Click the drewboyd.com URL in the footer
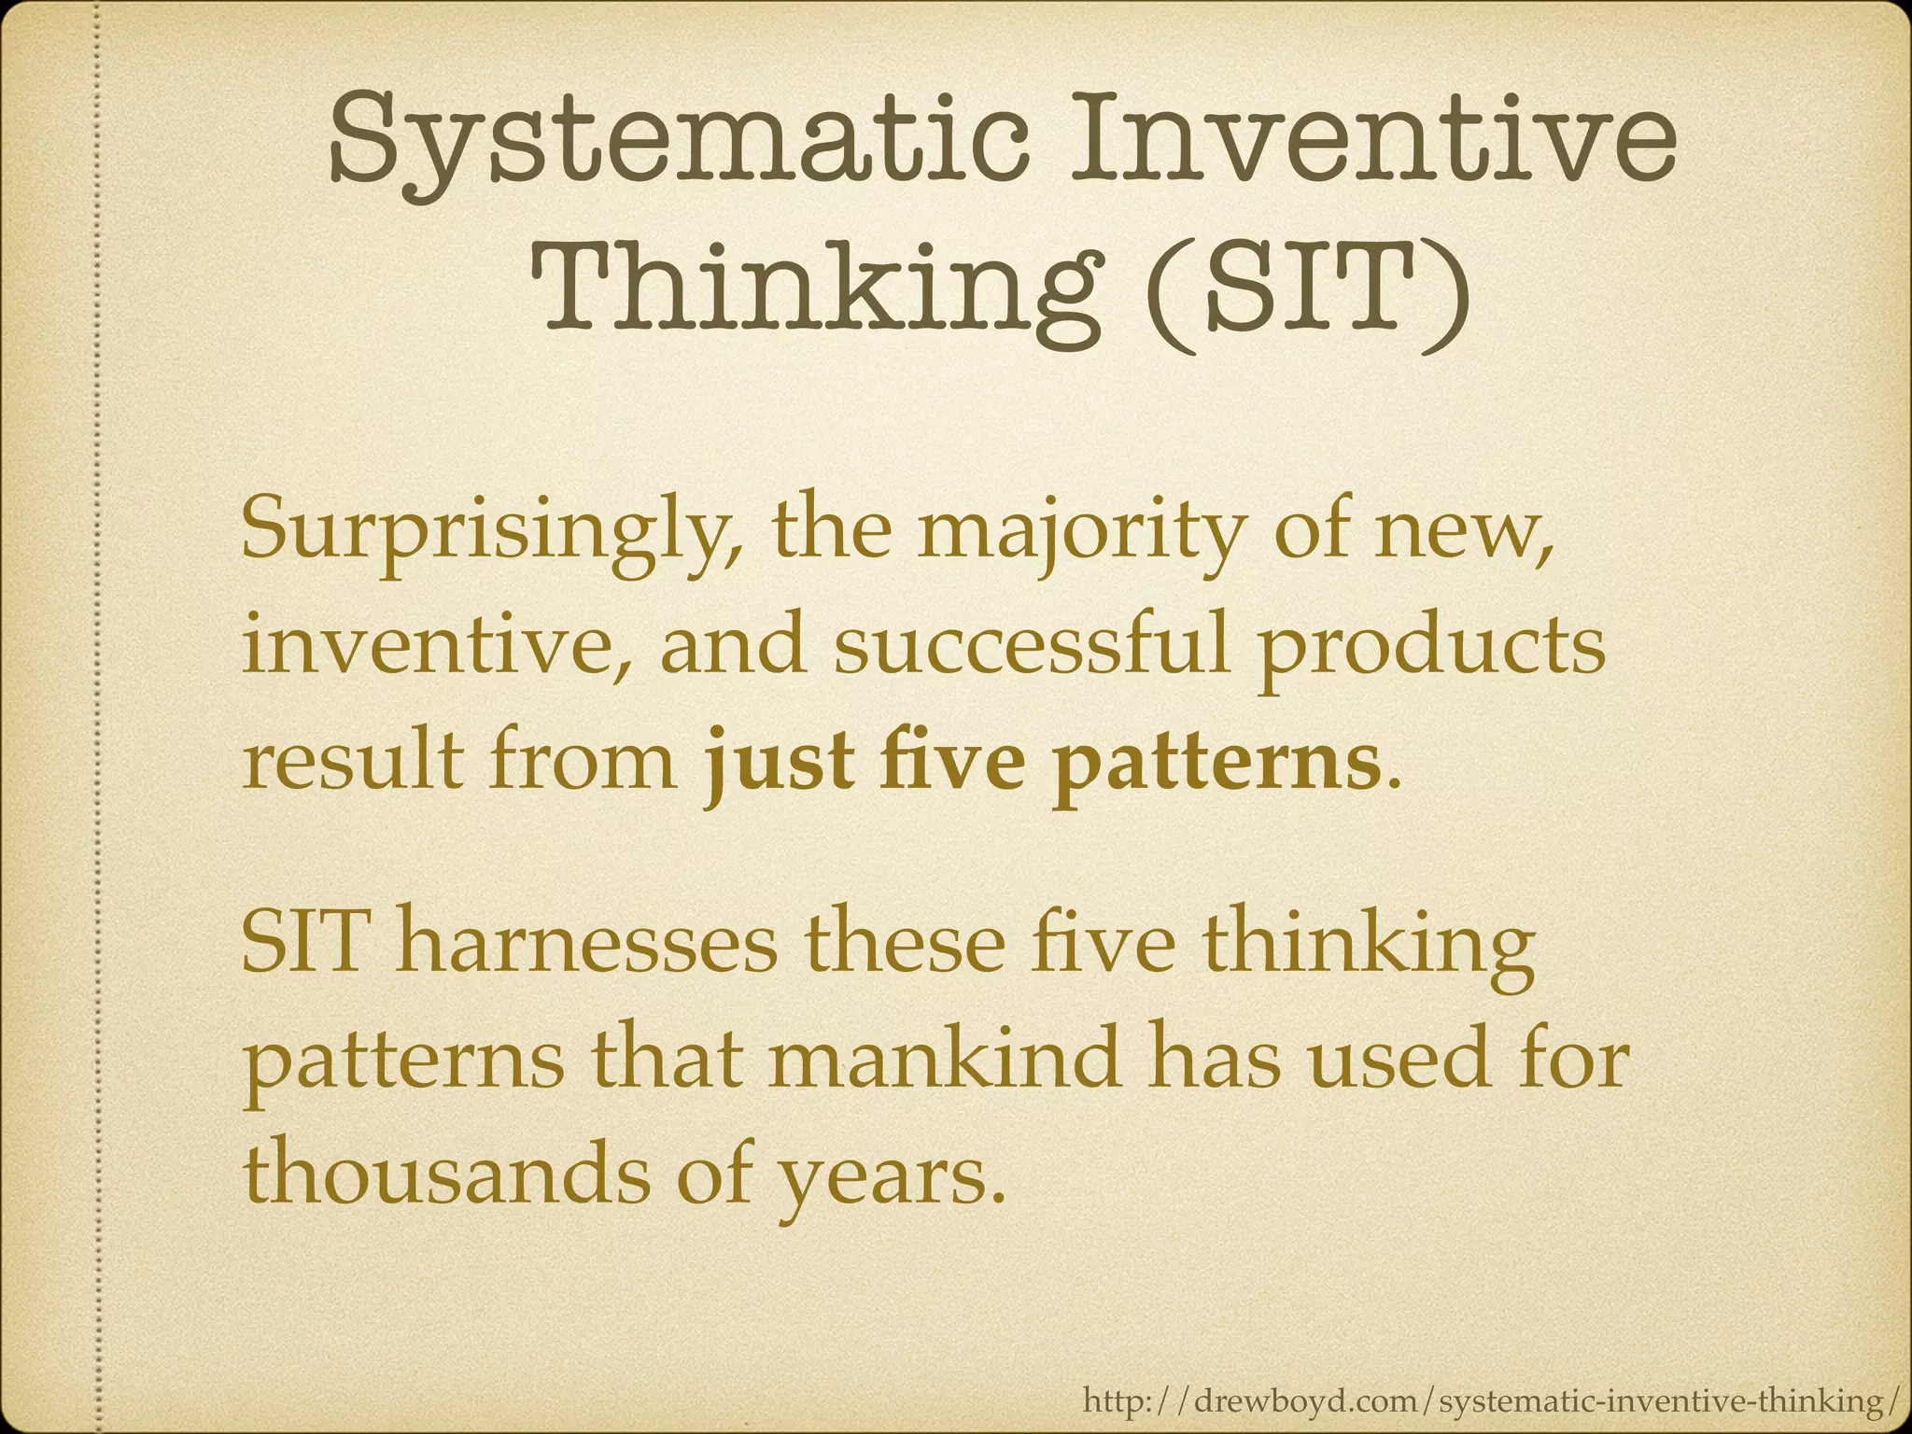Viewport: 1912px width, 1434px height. coord(1489,1400)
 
